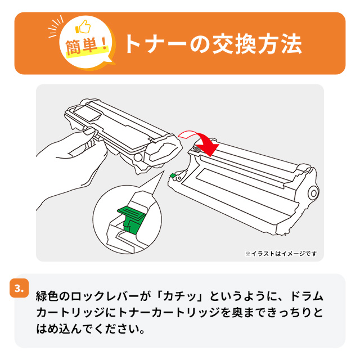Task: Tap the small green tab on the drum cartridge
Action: pyautogui.click(x=173, y=175)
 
